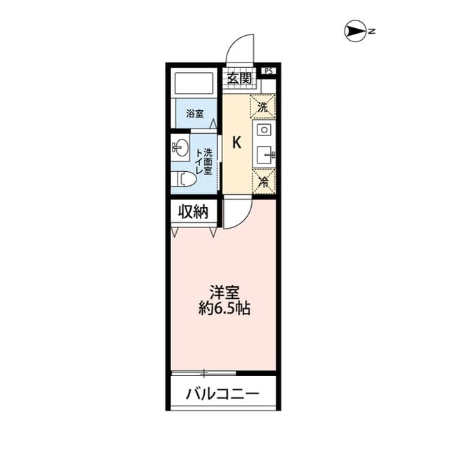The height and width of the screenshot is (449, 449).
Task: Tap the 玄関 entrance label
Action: [239, 79]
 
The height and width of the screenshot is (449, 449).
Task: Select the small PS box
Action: [268, 70]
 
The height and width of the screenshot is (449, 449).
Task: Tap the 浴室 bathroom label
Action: [194, 112]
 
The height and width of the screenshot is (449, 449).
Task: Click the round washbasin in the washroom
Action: [180, 148]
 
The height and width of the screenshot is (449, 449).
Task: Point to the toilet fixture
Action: [183, 180]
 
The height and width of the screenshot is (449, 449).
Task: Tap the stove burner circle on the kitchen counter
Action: [264, 130]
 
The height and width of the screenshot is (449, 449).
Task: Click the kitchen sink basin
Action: [264, 154]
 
